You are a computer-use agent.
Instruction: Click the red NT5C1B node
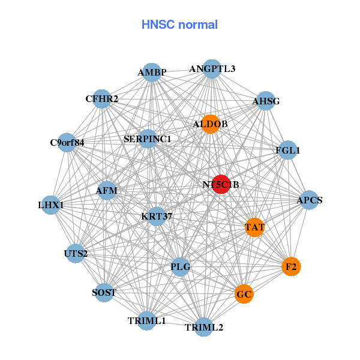[x=220, y=184]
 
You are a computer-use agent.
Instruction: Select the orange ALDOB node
[x=210, y=124]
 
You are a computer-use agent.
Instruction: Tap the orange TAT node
[x=255, y=227]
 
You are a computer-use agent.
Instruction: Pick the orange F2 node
[x=291, y=266]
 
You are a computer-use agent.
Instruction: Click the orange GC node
[x=244, y=294]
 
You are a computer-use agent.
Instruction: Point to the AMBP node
[x=152, y=73]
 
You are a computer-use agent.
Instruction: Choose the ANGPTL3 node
[x=212, y=69]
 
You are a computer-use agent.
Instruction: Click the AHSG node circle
[x=265, y=101]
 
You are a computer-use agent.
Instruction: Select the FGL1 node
[x=287, y=150]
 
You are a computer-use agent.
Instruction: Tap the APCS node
[x=309, y=200]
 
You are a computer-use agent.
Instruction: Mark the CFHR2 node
[x=102, y=98]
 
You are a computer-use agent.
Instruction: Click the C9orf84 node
[x=67, y=143]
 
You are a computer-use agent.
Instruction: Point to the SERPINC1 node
[x=148, y=139]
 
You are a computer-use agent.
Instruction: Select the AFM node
[x=107, y=191]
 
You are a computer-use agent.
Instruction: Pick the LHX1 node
[x=51, y=205]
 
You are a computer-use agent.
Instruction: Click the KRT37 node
[x=157, y=216]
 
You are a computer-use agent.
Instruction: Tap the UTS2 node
[x=76, y=253]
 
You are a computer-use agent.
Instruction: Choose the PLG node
[x=181, y=266]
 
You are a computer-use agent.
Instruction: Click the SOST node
[x=104, y=292]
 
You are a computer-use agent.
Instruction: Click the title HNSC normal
[x=179, y=25]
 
